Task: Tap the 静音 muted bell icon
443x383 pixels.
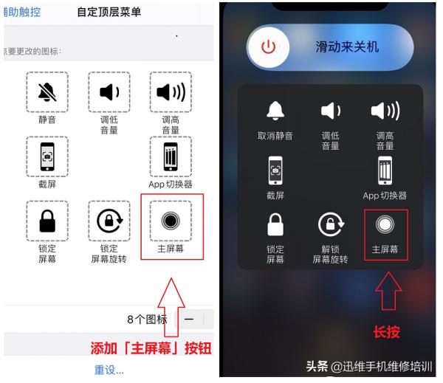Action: coord(47,93)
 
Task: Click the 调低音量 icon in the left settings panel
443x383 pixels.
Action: coord(109,93)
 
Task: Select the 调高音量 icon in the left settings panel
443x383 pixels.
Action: coord(171,93)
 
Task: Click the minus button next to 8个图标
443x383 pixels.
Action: coord(189,319)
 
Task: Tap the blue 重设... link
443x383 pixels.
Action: coord(109,370)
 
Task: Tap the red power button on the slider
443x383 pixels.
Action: coord(268,47)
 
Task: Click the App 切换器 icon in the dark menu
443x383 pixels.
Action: coord(385,169)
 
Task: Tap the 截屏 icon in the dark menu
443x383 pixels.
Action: coord(275,170)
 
